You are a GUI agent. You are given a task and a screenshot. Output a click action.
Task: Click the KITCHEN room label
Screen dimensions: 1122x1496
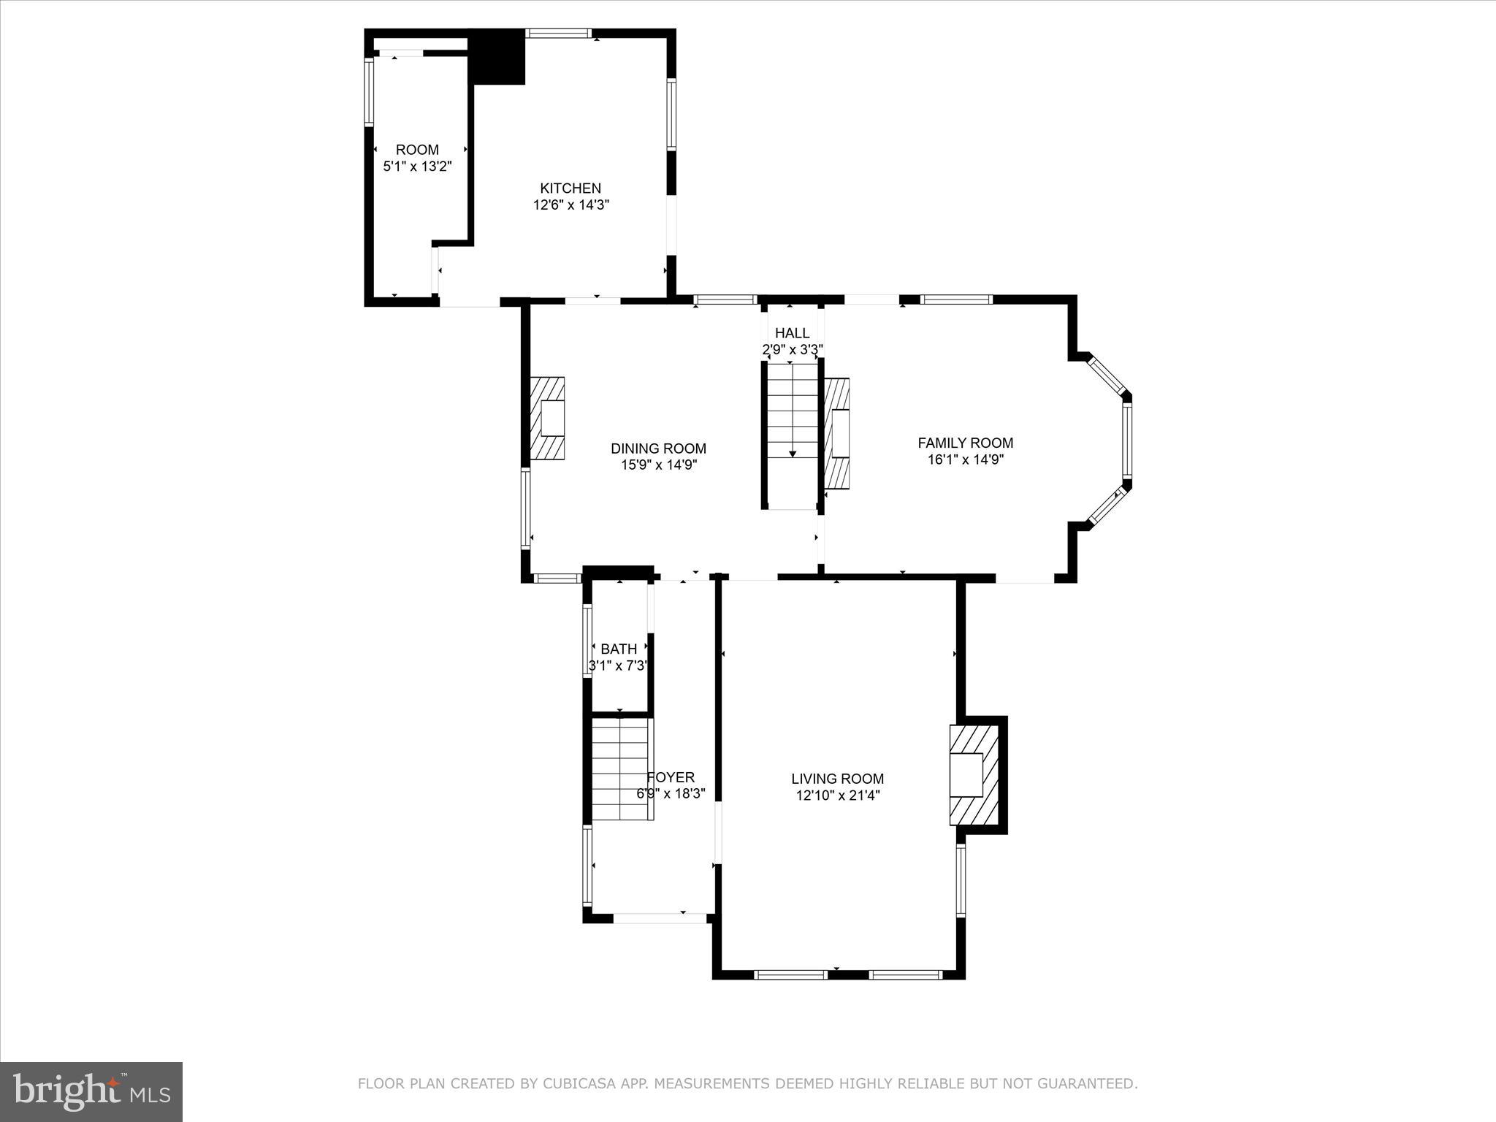pos(570,188)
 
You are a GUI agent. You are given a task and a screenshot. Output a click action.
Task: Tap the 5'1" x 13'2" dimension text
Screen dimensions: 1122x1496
pos(418,167)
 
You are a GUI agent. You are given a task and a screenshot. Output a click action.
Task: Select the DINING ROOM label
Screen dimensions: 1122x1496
pos(658,449)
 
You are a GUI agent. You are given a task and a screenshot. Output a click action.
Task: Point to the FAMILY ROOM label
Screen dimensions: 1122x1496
pos(965,443)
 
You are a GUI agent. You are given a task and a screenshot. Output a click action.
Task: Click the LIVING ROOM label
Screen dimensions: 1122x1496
pos(837,779)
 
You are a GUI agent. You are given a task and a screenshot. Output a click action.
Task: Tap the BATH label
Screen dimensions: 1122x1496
pos(619,649)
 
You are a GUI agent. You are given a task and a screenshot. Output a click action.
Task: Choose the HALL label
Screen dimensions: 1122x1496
pos(792,334)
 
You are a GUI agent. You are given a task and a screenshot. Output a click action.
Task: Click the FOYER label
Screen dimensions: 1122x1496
pos(671,777)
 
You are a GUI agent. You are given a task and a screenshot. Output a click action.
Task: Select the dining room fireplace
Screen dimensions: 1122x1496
pos(548,418)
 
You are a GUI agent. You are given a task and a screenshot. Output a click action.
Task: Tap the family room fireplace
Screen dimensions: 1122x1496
pos(838,433)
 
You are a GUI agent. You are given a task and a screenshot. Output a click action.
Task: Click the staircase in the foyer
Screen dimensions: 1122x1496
pos(621,768)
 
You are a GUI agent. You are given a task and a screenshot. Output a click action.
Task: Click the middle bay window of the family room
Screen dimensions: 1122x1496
pos(1127,440)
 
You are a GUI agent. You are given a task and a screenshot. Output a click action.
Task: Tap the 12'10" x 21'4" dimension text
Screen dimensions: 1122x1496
pos(837,795)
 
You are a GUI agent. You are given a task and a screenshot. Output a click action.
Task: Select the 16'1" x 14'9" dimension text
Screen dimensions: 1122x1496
pos(965,459)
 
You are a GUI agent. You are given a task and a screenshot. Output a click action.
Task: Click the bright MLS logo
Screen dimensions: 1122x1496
pos(91,1091)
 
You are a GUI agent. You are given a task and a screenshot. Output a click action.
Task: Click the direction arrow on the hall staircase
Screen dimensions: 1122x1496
pos(793,453)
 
